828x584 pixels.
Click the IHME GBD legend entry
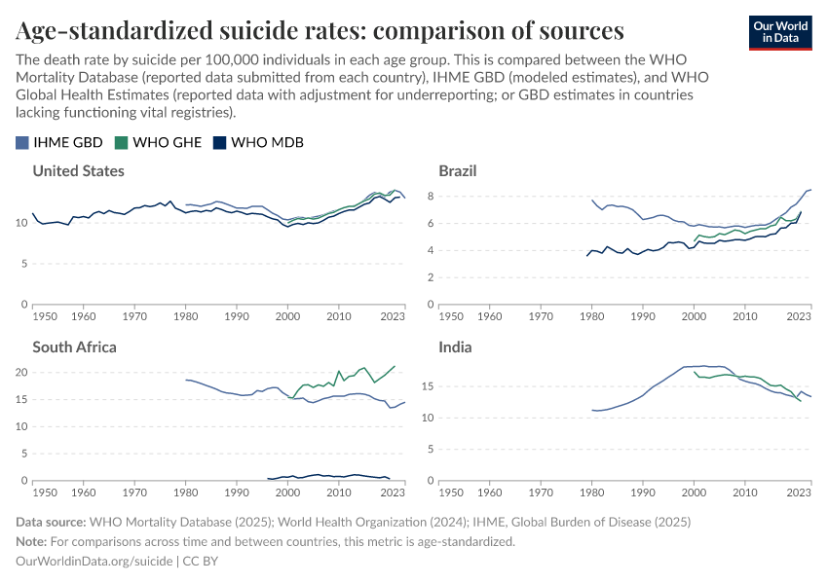tap(60, 142)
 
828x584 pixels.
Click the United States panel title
tap(78, 171)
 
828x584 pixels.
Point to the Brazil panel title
tap(457, 171)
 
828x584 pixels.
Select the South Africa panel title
tap(74, 347)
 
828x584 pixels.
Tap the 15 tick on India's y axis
tap(425, 390)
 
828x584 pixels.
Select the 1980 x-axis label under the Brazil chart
tap(591, 316)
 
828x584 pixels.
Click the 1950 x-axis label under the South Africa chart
tap(45, 493)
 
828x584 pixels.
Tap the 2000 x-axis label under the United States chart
tap(287, 316)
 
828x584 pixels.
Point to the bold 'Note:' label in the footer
tap(34, 541)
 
